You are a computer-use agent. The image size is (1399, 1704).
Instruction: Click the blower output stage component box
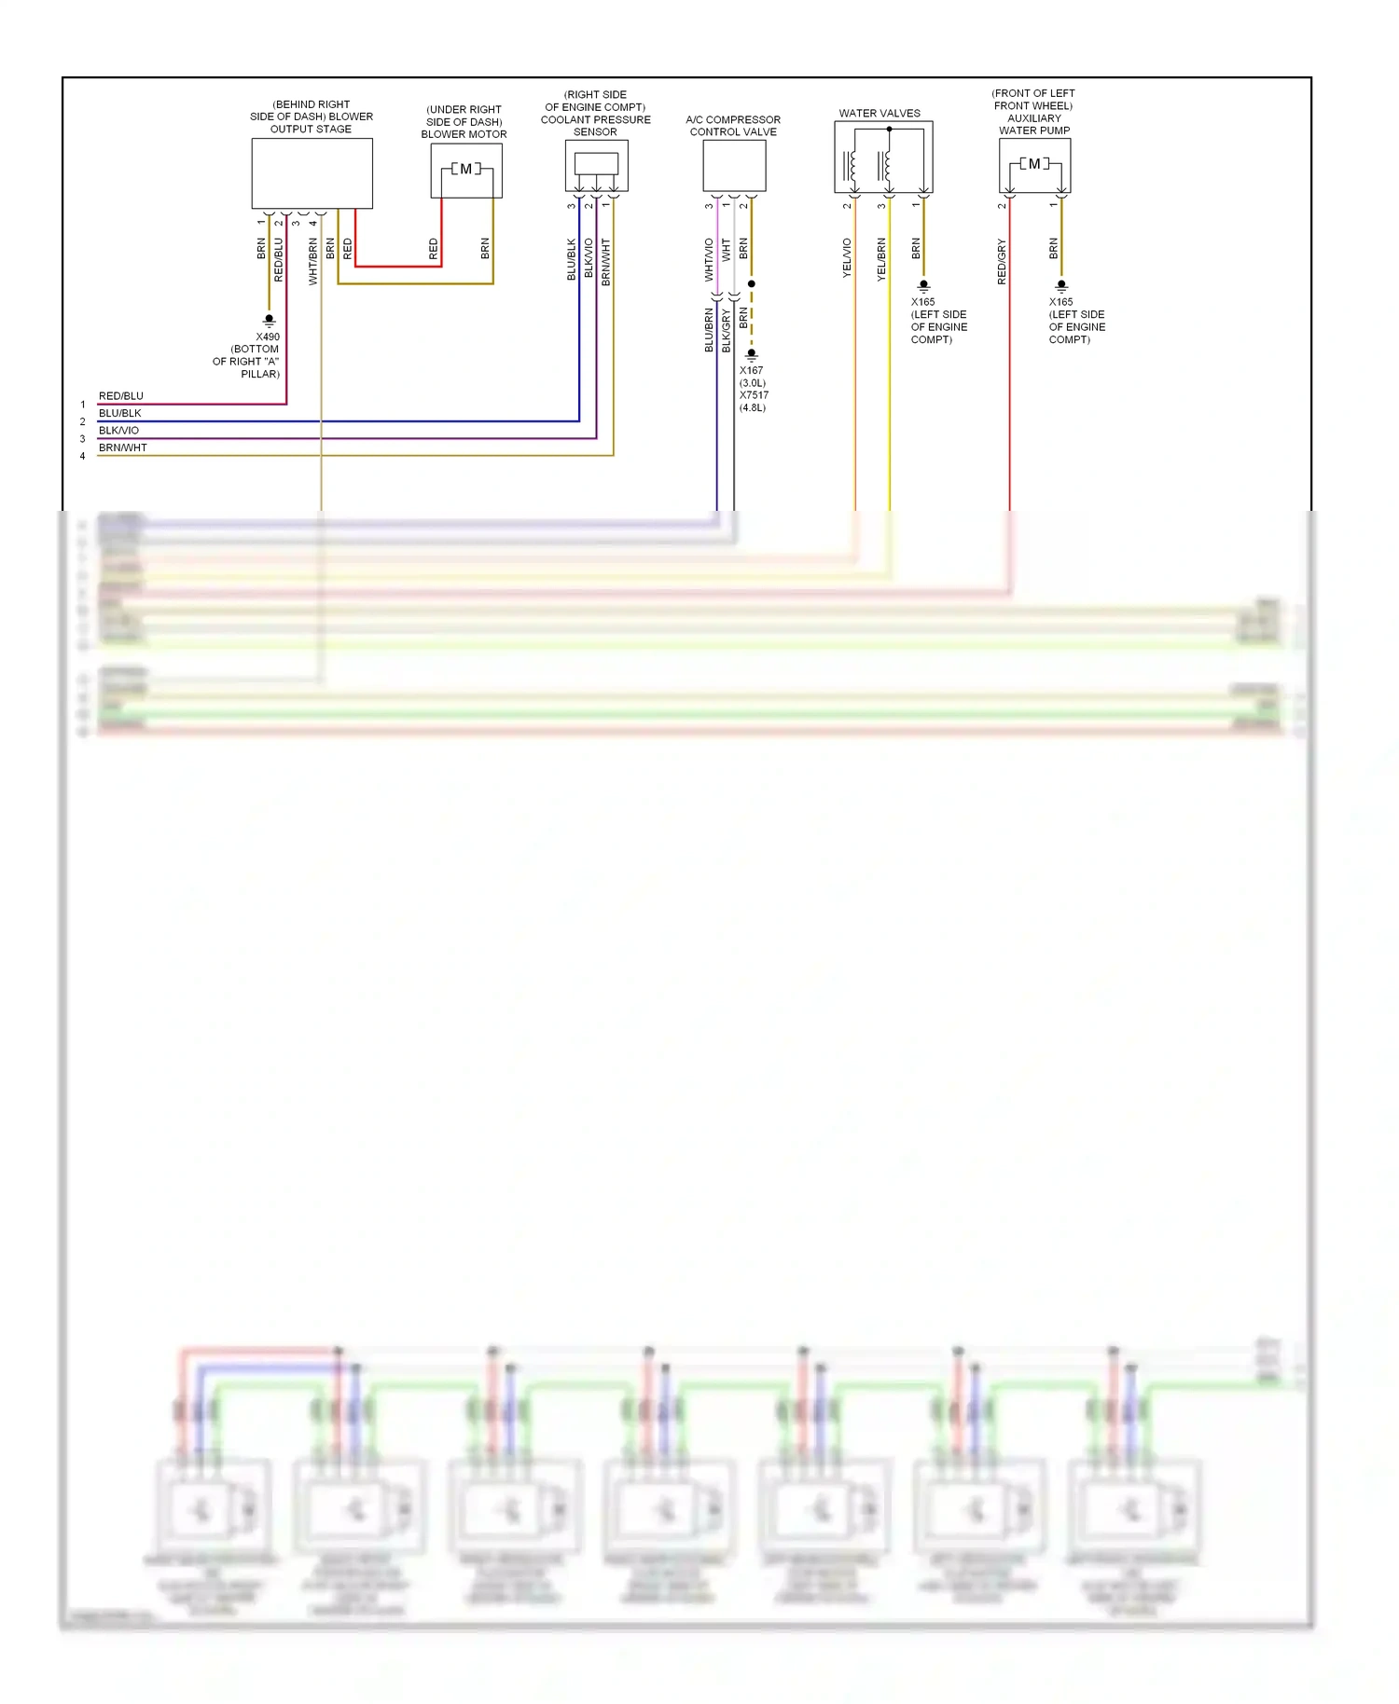tap(312, 173)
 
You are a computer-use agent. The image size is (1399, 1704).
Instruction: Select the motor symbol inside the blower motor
tap(465, 169)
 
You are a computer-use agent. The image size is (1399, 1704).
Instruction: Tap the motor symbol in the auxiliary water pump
tap(1034, 164)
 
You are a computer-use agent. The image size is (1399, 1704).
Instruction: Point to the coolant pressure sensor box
tap(596, 165)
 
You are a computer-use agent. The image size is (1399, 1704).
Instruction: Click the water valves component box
tap(882, 157)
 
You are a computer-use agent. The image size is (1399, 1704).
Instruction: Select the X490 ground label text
tap(268, 337)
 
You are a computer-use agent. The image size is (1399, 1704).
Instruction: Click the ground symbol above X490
tap(269, 320)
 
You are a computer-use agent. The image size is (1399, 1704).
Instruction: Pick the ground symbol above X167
tap(751, 354)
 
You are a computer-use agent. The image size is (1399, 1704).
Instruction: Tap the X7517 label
tap(754, 395)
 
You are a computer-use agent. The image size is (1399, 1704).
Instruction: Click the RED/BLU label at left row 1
tap(121, 396)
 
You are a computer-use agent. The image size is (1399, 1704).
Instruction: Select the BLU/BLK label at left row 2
tap(120, 413)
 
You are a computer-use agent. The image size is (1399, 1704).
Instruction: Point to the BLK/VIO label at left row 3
tap(118, 431)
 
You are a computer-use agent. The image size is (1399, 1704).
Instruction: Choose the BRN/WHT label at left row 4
tap(123, 447)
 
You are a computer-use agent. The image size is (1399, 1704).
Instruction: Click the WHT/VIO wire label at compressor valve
tap(709, 259)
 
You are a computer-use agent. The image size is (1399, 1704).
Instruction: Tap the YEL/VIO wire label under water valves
tap(847, 257)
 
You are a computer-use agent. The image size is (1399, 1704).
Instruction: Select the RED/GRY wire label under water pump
tap(1002, 261)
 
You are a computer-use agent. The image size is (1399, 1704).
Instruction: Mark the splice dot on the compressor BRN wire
tap(751, 283)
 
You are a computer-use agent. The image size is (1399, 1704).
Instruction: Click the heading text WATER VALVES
tap(879, 114)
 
